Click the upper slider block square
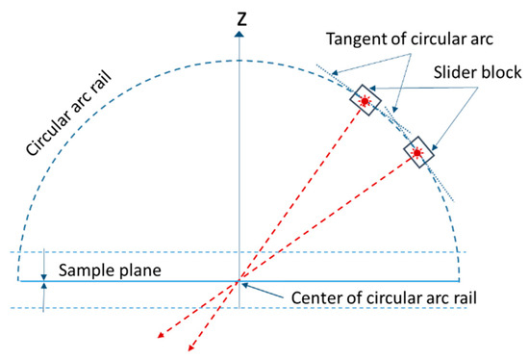click(365, 100)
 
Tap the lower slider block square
click(416, 152)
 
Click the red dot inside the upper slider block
click(365, 100)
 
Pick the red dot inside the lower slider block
click(416, 152)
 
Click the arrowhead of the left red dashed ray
click(160, 337)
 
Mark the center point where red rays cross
click(238, 282)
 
